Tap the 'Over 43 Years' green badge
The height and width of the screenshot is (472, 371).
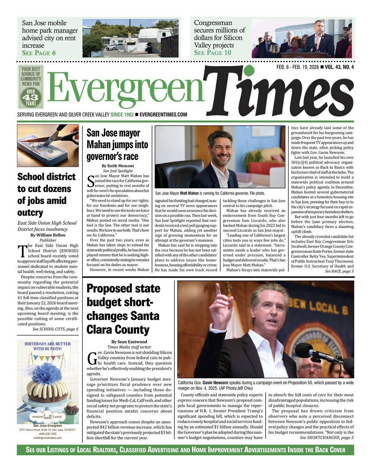31,97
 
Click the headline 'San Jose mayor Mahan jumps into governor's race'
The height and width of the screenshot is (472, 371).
117,145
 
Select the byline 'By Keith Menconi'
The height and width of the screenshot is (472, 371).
118,166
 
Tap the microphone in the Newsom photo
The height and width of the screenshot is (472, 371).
312,352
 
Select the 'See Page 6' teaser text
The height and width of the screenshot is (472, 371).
39,53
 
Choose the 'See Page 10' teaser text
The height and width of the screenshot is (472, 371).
213,53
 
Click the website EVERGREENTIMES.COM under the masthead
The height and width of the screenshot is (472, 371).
163,115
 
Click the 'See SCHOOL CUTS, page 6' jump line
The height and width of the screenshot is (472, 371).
55,329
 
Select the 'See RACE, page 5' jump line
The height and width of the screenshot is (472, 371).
339,271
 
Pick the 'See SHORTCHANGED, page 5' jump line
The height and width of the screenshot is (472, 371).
326,438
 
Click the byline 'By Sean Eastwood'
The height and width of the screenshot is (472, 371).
129,341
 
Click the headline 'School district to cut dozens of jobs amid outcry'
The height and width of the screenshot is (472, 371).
46,195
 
